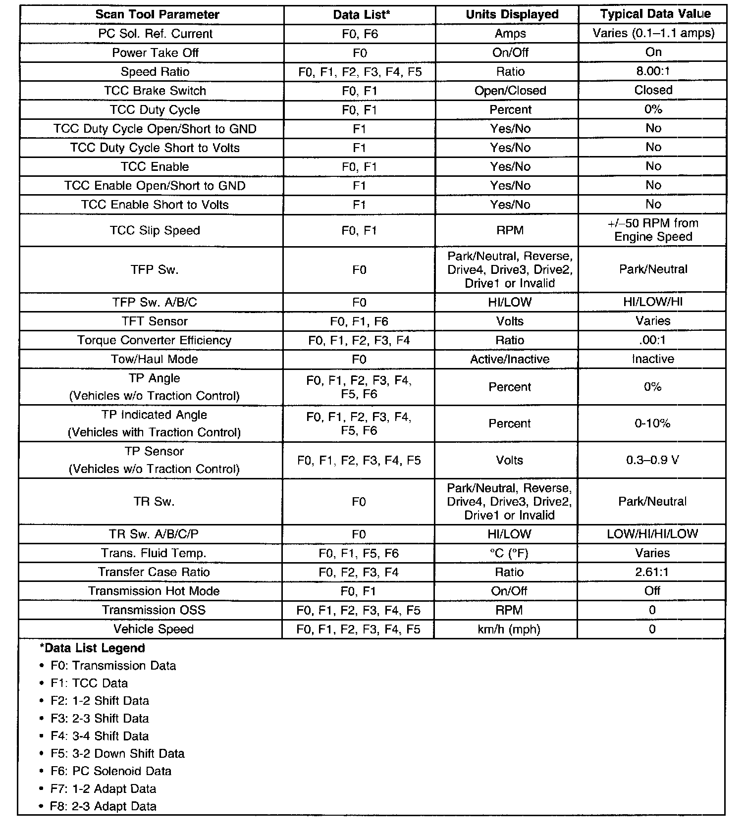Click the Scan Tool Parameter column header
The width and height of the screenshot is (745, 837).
(x=157, y=14)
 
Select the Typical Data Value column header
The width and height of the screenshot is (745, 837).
(x=655, y=14)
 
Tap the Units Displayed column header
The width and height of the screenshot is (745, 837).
(x=512, y=14)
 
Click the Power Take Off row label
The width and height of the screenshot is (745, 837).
(x=155, y=52)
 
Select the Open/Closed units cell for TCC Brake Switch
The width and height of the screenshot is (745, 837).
(x=510, y=91)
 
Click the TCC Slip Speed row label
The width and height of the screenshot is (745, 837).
(x=155, y=230)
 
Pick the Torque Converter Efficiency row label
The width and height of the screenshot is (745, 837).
(x=154, y=340)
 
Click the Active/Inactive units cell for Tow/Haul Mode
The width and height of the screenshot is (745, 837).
(x=509, y=359)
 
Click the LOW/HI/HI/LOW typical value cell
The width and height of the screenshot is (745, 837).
(x=652, y=534)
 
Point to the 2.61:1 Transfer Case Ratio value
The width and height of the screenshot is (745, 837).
(x=652, y=572)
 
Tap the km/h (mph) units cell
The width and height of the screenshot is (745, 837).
(x=509, y=629)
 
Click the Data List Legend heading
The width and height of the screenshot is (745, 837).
(x=92, y=648)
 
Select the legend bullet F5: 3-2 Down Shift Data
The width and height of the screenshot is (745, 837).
(x=117, y=753)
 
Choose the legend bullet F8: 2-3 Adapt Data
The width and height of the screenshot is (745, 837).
(x=103, y=806)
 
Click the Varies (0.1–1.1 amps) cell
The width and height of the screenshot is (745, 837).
(x=653, y=33)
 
